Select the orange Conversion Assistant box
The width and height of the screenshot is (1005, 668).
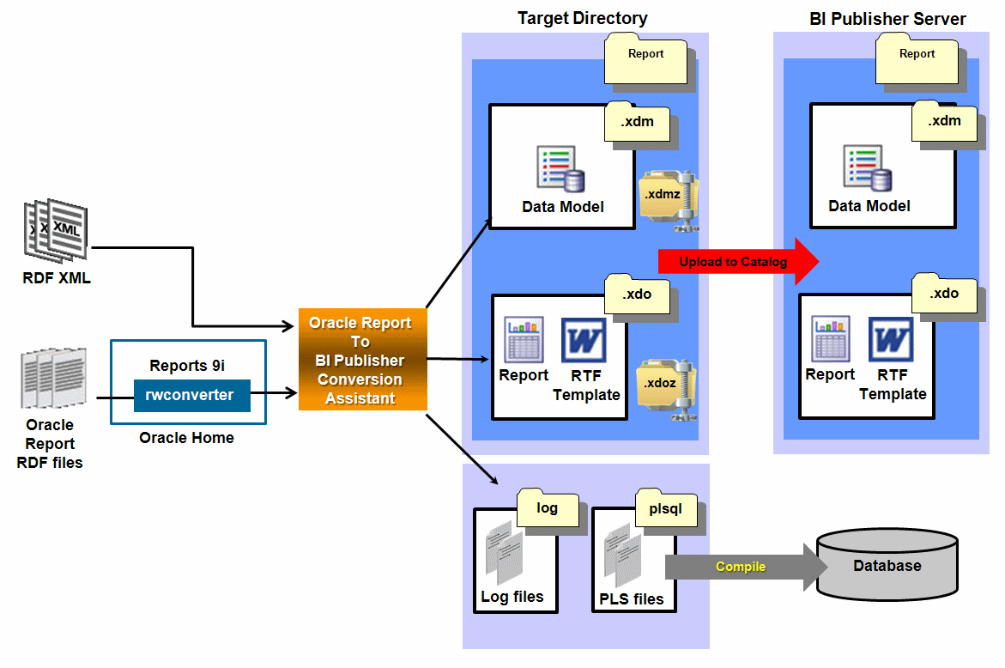[x=362, y=360]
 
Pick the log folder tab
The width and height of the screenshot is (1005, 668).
[x=548, y=508]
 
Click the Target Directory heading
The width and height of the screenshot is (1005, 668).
[x=582, y=18]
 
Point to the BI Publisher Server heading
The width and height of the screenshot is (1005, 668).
[x=887, y=19]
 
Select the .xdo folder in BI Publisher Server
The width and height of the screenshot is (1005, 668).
[x=943, y=294]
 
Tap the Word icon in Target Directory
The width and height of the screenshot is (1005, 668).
[x=584, y=340]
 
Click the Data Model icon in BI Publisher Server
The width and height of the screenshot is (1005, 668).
[x=869, y=167]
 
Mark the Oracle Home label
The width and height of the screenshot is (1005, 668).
[x=186, y=438]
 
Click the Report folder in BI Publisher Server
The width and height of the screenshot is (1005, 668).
[x=917, y=57]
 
